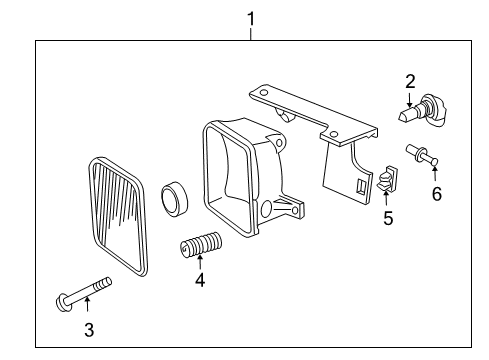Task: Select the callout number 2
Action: coord(410,81)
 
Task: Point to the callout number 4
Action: coord(200,281)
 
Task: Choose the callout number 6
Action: coord(436,193)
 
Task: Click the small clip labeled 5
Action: coord(386,180)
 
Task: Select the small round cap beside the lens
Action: coord(176,196)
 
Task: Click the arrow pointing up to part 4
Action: coord(200,263)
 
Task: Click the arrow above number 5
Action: coord(386,199)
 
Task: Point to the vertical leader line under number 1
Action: coord(250,33)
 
